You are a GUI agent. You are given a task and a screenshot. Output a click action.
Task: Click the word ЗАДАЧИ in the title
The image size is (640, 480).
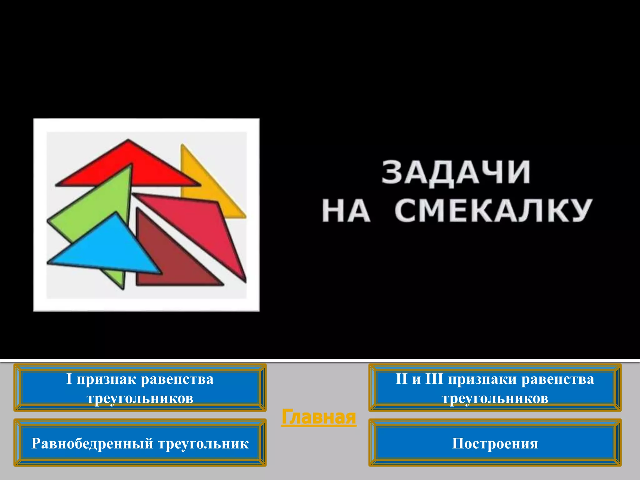(456, 172)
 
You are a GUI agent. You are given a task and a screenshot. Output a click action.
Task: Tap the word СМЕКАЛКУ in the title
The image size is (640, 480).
(493, 210)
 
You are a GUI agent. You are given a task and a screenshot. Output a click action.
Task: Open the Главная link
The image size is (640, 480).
(318, 417)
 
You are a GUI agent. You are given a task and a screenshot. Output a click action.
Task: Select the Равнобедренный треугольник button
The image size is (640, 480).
(140, 443)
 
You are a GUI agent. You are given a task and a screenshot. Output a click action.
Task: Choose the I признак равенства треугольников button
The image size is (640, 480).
(140, 388)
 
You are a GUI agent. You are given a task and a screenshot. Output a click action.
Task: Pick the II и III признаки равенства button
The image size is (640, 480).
(495, 388)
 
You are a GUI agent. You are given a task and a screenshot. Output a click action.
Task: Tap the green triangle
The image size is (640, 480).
(94, 206)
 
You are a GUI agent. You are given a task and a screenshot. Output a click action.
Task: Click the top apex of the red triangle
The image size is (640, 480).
(128, 140)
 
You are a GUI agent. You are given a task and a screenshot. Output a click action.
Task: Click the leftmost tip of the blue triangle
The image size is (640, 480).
(48, 262)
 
